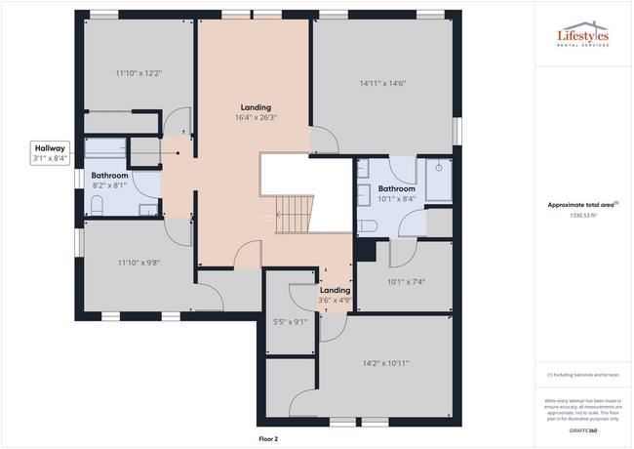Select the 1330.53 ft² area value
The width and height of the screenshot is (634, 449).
(582, 215)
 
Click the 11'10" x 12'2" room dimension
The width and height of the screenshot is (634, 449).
(138, 72)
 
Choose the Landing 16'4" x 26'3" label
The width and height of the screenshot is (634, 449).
(257, 111)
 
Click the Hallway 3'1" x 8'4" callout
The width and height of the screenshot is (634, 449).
(48, 152)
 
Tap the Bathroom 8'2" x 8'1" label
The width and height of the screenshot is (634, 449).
(110, 180)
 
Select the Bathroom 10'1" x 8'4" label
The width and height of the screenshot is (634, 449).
(397, 193)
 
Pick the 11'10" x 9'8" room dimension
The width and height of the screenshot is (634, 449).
(138, 263)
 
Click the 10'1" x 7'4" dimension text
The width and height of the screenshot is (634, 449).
(406, 283)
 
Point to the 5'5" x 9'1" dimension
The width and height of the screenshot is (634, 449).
(290, 321)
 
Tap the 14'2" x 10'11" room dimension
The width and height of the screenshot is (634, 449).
(385, 363)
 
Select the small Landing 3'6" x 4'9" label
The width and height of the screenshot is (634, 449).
(335, 295)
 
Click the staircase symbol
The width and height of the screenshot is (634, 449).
(294, 214)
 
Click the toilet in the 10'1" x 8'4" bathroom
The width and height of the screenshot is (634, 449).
(368, 225)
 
